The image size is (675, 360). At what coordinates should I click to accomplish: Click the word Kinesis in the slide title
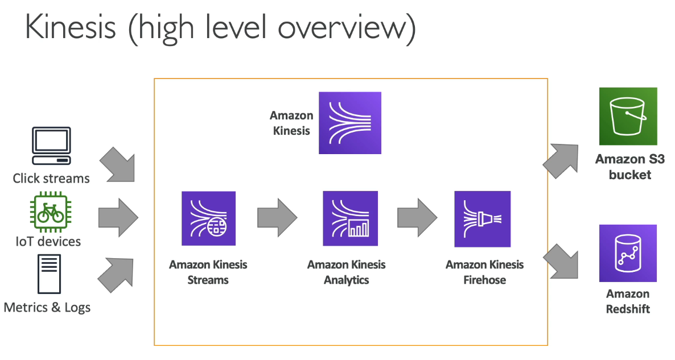click(71, 27)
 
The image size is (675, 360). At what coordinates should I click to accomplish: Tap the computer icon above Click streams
click(51, 146)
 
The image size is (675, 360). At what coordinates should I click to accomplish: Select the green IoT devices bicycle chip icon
click(51, 213)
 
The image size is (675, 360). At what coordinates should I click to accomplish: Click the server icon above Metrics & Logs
click(49, 274)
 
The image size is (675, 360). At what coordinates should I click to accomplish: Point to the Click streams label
click(51, 178)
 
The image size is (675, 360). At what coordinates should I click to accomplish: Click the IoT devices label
click(48, 241)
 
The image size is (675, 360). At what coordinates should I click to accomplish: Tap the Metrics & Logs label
click(47, 308)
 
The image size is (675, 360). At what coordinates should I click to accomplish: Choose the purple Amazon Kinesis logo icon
click(350, 123)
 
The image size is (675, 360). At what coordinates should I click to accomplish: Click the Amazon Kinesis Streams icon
click(208, 218)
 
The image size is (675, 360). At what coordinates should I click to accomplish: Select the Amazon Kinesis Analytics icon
click(351, 218)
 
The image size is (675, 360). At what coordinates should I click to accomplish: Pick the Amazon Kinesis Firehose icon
click(483, 219)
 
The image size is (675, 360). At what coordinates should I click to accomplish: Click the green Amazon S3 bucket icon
click(628, 116)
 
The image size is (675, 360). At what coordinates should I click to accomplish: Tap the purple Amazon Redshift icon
click(628, 253)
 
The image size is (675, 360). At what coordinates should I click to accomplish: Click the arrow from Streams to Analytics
click(277, 218)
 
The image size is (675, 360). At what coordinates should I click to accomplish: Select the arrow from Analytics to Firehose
click(417, 218)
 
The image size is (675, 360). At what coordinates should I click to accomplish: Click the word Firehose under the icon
click(485, 280)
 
